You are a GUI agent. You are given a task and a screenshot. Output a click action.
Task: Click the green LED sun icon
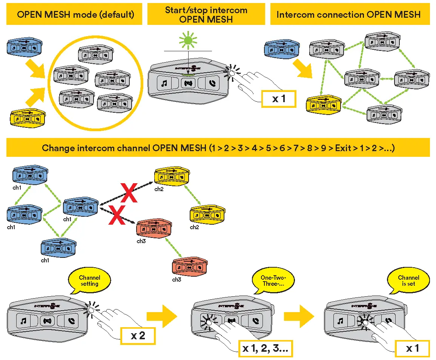tap(188, 41)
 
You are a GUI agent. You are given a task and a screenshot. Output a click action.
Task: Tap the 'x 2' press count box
tap(138, 336)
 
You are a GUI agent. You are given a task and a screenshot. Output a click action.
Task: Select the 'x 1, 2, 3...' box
tap(266, 348)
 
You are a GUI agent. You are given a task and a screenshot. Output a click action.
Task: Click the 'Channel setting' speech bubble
tap(89, 281)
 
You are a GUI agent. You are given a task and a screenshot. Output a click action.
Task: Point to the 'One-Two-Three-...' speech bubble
tap(273, 281)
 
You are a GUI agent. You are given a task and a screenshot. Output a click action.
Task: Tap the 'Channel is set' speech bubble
tap(408, 281)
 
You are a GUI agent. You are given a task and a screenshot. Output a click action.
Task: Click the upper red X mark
tap(129, 193)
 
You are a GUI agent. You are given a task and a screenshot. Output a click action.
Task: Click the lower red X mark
tap(117, 215)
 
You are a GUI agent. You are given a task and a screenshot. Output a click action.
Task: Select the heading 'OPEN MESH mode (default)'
tap(75, 14)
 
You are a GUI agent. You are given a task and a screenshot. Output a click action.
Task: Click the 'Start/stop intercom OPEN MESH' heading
tap(206, 14)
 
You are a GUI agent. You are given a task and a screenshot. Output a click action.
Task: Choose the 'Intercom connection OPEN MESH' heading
tap(348, 14)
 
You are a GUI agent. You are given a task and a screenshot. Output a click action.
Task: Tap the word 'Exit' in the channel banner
tap(343, 148)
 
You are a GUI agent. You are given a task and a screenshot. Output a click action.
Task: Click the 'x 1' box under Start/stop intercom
tap(279, 99)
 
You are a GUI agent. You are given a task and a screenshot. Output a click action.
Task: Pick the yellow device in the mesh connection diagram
tap(324, 104)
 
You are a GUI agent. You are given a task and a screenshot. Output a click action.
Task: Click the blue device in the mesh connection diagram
tap(282, 49)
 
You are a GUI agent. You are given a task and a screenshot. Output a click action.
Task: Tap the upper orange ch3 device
tap(154, 228)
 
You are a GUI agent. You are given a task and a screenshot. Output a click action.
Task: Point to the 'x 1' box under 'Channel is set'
tap(412, 348)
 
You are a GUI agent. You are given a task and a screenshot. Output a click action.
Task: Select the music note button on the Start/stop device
tap(164, 83)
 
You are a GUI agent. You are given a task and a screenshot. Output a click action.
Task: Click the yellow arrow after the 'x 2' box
tap(162, 316)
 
